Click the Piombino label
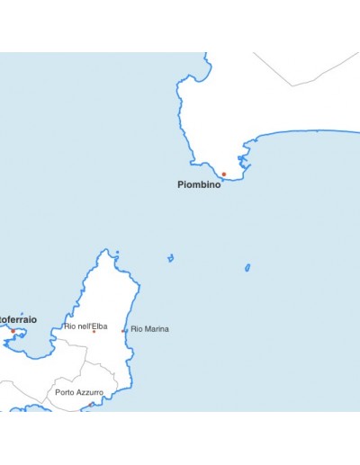click(199, 184)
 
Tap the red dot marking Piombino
click(224, 174)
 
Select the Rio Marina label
click(149, 329)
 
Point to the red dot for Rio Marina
click(123, 330)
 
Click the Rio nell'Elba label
click(85, 326)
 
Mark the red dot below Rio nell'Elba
click(94, 332)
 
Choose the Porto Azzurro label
click(78, 392)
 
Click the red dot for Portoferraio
click(13, 330)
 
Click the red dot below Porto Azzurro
click(91, 404)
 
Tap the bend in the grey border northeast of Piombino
click(291, 86)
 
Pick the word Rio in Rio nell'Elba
click(69, 326)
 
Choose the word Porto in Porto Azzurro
click(64, 392)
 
